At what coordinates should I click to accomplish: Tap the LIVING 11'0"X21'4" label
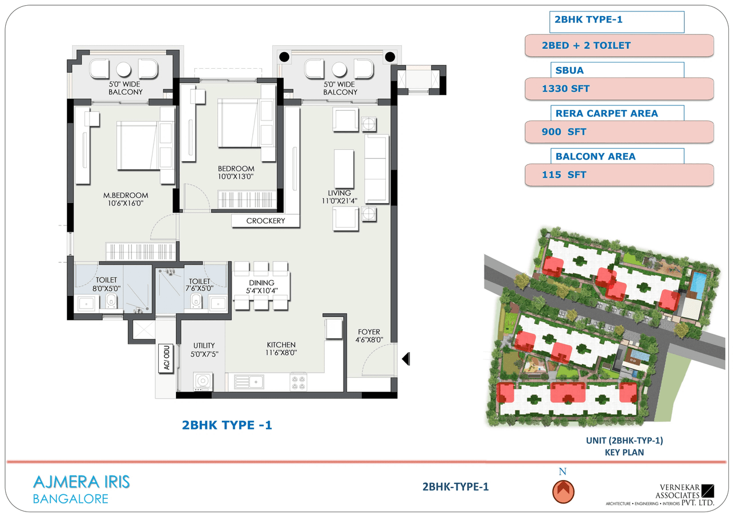tap(339, 197)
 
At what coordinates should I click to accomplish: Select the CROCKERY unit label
tap(266, 221)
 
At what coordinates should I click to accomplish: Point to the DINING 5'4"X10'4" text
tap(261, 286)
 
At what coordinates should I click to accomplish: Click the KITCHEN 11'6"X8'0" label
tap(281, 349)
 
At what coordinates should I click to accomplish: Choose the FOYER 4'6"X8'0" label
tap(369, 335)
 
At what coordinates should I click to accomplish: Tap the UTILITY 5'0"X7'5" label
tap(204, 350)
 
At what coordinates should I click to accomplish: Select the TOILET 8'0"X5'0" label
tap(107, 284)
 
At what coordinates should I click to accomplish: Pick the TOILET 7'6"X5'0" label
tap(197, 284)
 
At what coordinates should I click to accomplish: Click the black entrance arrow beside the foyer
tap(405, 359)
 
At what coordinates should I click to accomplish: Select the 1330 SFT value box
tap(619, 89)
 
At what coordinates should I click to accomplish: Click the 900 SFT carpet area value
tap(619, 132)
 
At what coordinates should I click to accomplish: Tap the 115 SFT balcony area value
tap(619, 175)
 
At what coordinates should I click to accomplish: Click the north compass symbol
tap(563, 491)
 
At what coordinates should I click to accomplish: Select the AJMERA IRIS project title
tap(81, 482)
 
